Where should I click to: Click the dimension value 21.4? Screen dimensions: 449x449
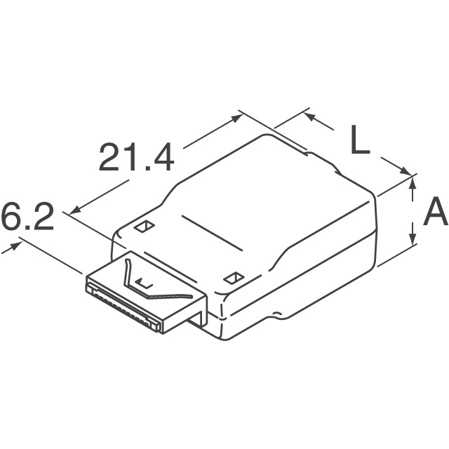coord(136,157)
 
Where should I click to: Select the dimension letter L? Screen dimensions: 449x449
coord(360,140)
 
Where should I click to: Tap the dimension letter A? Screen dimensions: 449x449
coord(436,211)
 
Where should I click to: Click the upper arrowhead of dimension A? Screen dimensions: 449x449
coord(413,182)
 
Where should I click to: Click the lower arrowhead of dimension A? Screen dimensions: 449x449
coord(413,239)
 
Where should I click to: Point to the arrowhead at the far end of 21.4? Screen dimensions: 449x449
coord(237,117)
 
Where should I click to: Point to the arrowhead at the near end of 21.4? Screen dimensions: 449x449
coord(75,210)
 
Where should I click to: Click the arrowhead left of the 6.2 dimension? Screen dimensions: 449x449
coord(15,246)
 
